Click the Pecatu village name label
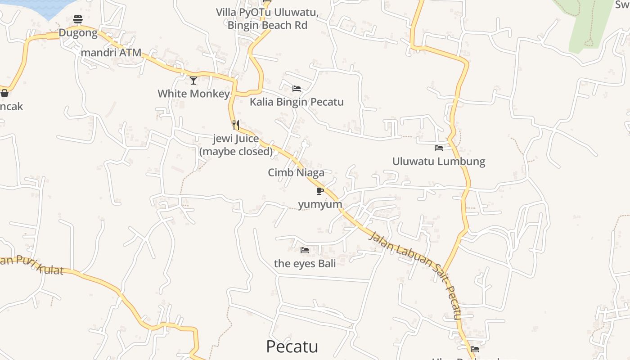(x=292, y=346)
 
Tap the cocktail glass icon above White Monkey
(x=193, y=81)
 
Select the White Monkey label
(x=193, y=94)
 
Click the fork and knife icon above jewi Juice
(x=236, y=125)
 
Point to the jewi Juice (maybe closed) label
(x=236, y=145)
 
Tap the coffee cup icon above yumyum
(x=320, y=191)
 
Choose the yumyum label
(x=320, y=204)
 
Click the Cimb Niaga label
(x=296, y=172)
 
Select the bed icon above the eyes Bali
(x=305, y=250)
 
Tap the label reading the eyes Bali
(x=305, y=263)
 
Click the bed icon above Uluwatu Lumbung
(x=439, y=148)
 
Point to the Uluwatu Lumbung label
(x=439, y=161)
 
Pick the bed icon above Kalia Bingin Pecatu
(x=297, y=88)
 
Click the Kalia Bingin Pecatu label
(x=297, y=102)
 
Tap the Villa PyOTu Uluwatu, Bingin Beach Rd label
(x=267, y=19)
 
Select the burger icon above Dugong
(x=78, y=19)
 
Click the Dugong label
(x=78, y=33)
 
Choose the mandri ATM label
(x=111, y=52)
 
